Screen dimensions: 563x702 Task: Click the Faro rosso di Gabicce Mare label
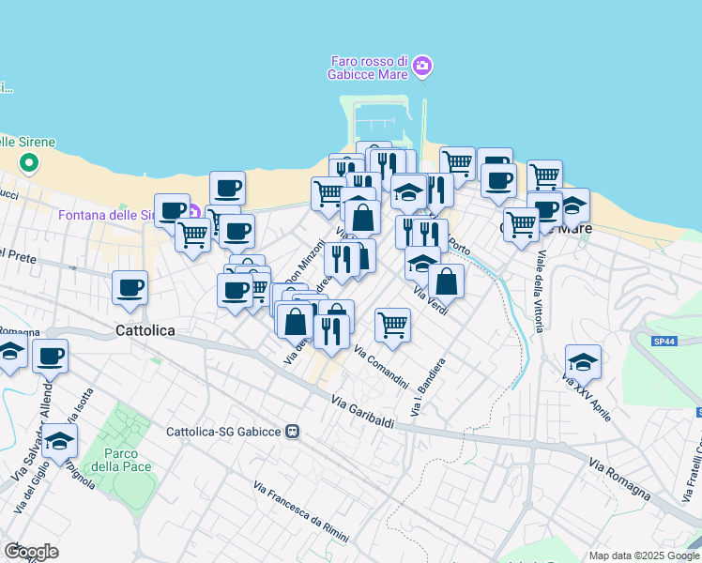coord(370,68)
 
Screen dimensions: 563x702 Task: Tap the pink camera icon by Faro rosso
coord(422,66)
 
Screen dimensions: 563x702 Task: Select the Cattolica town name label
coord(146,331)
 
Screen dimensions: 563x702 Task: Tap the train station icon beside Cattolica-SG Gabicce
coord(293,432)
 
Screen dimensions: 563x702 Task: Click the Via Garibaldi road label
coord(362,413)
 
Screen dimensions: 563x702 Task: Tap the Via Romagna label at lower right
coord(619,479)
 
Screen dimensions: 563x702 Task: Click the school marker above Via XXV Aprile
coord(583,361)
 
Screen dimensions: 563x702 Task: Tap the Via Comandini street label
coord(381,368)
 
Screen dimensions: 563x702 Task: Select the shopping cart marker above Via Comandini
coord(392,326)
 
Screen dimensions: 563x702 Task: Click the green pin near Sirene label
coord(29,163)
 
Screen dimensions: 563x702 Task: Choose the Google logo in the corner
coord(31,552)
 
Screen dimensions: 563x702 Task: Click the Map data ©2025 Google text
coord(643,555)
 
